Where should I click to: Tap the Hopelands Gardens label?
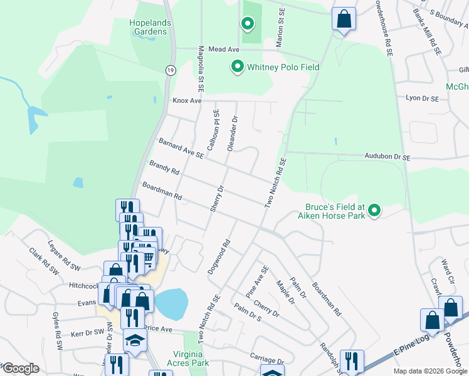pyautogui.click(x=150, y=27)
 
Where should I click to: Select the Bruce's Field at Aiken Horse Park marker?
pyautogui.click(x=374, y=211)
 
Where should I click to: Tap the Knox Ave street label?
pyautogui.click(x=187, y=100)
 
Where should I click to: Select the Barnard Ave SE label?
pyautogui.click(x=181, y=148)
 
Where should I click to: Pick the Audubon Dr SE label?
pyautogui.click(x=387, y=157)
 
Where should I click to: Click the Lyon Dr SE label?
pyautogui.click(x=421, y=98)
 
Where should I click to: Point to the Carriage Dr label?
pyautogui.click(x=266, y=361)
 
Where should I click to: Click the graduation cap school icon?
pyautogui.click(x=135, y=339)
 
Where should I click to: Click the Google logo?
pyautogui.click(x=21, y=368)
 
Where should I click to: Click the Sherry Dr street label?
pyautogui.click(x=216, y=199)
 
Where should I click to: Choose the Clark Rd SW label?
pyautogui.click(x=43, y=261)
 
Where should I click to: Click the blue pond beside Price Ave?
pyautogui.click(x=171, y=304)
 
